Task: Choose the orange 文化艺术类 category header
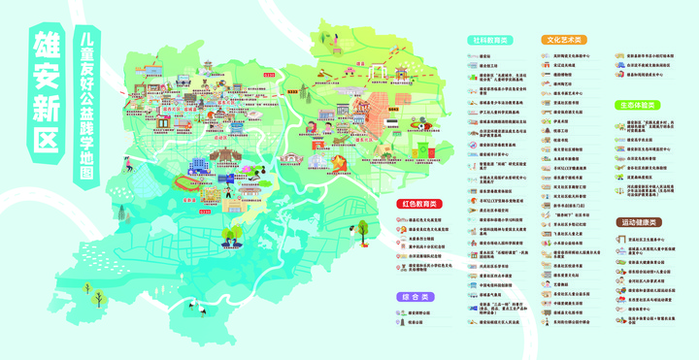(x=564, y=42)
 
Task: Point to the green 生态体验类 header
(x=636, y=105)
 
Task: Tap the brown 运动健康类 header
(x=636, y=222)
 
